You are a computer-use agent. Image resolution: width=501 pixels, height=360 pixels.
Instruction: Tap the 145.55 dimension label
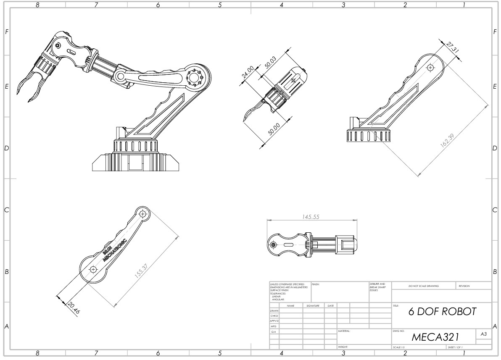[x=311, y=217]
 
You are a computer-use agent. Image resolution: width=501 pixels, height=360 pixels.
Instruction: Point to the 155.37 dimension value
[x=141, y=270]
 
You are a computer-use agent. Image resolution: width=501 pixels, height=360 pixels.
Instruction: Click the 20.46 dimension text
[x=73, y=307]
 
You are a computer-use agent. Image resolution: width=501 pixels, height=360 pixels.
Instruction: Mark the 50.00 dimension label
[x=274, y=129]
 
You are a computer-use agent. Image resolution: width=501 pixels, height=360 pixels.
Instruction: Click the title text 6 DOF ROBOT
[x=442, y=311]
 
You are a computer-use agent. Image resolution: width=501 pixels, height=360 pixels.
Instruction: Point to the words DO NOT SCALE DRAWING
[x=423, y=286]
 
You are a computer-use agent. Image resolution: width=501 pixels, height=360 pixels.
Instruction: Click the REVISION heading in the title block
[x=464, y=286]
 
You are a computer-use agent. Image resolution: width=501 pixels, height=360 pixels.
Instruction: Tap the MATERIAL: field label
[x=344, y=331]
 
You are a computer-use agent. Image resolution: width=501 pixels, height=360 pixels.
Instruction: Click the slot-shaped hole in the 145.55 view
[x=289, y=244]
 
